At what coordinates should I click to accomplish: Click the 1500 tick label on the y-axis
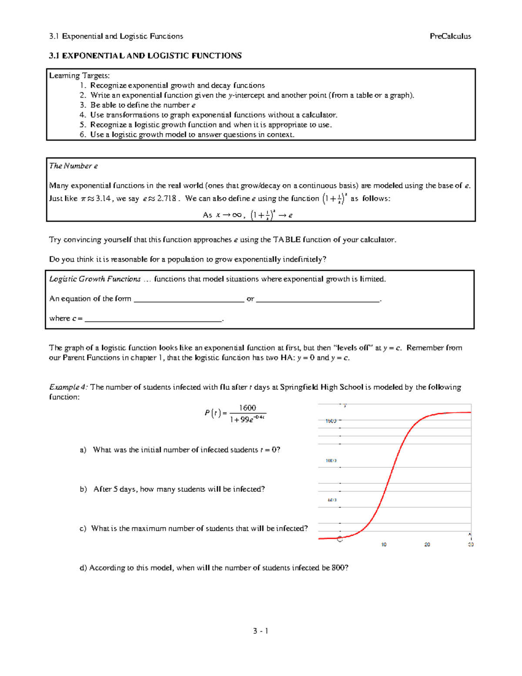pos(331,421)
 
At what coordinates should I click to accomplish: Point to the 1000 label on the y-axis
pos(331,461)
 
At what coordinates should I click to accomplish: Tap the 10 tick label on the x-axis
pos(384,545)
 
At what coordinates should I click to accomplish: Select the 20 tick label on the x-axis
pos(427,545)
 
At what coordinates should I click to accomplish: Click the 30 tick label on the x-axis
pos(471,545)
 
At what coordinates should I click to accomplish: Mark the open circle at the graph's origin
pos(340,539)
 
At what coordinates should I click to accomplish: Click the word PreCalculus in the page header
pos(450,36)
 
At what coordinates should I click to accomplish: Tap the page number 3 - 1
pos(261,631)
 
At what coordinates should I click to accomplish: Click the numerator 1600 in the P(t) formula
pos(248,408)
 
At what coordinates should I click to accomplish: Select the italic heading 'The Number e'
pos(73,166)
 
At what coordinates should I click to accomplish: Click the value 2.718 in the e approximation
pos(167,198)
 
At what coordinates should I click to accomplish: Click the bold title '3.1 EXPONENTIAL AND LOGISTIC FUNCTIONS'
pos(145,56)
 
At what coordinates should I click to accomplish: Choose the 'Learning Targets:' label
pos(79,76)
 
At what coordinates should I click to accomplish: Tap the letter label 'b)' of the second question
pos(84,489)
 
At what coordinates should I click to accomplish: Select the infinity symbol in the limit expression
pos(237,215)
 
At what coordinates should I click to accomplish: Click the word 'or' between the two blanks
pos(250,299)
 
